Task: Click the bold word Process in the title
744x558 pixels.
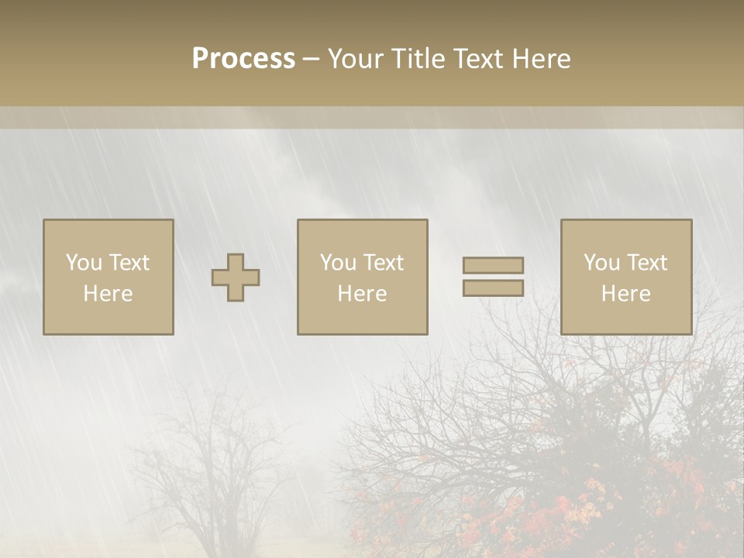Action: [x=243, y=59]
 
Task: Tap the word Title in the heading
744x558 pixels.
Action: [x=419, y=59]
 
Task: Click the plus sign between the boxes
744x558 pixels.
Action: [x=236, y=277]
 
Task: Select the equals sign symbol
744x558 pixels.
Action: [x=493, y=277]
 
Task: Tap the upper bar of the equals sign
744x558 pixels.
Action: [x=493, y=265]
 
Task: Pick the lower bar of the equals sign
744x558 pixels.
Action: [x=493, y=288]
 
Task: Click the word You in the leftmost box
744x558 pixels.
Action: [x=82, y=263]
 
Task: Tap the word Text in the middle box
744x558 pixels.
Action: [x=383, y=263]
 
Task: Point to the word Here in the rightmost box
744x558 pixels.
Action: [x=626, y=294]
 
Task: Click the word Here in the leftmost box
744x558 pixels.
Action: [x=108, y=294]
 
